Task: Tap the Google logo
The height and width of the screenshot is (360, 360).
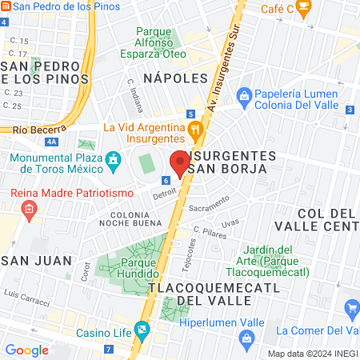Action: point(26,350)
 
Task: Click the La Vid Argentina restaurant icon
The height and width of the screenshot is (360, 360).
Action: point(194,129)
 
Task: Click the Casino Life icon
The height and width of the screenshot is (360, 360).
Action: point(142,329)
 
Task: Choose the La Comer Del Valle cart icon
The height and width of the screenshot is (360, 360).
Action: point(352,309)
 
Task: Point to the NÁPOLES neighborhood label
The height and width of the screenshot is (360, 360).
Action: point(175,78)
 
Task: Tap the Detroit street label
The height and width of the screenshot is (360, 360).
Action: point(164,193)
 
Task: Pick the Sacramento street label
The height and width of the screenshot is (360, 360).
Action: point(209,204)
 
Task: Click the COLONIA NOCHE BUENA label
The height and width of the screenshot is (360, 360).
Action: point(130,220)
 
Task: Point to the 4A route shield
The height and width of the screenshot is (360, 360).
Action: point(51,142)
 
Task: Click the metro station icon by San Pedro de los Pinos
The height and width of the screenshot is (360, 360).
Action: point(6,6)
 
